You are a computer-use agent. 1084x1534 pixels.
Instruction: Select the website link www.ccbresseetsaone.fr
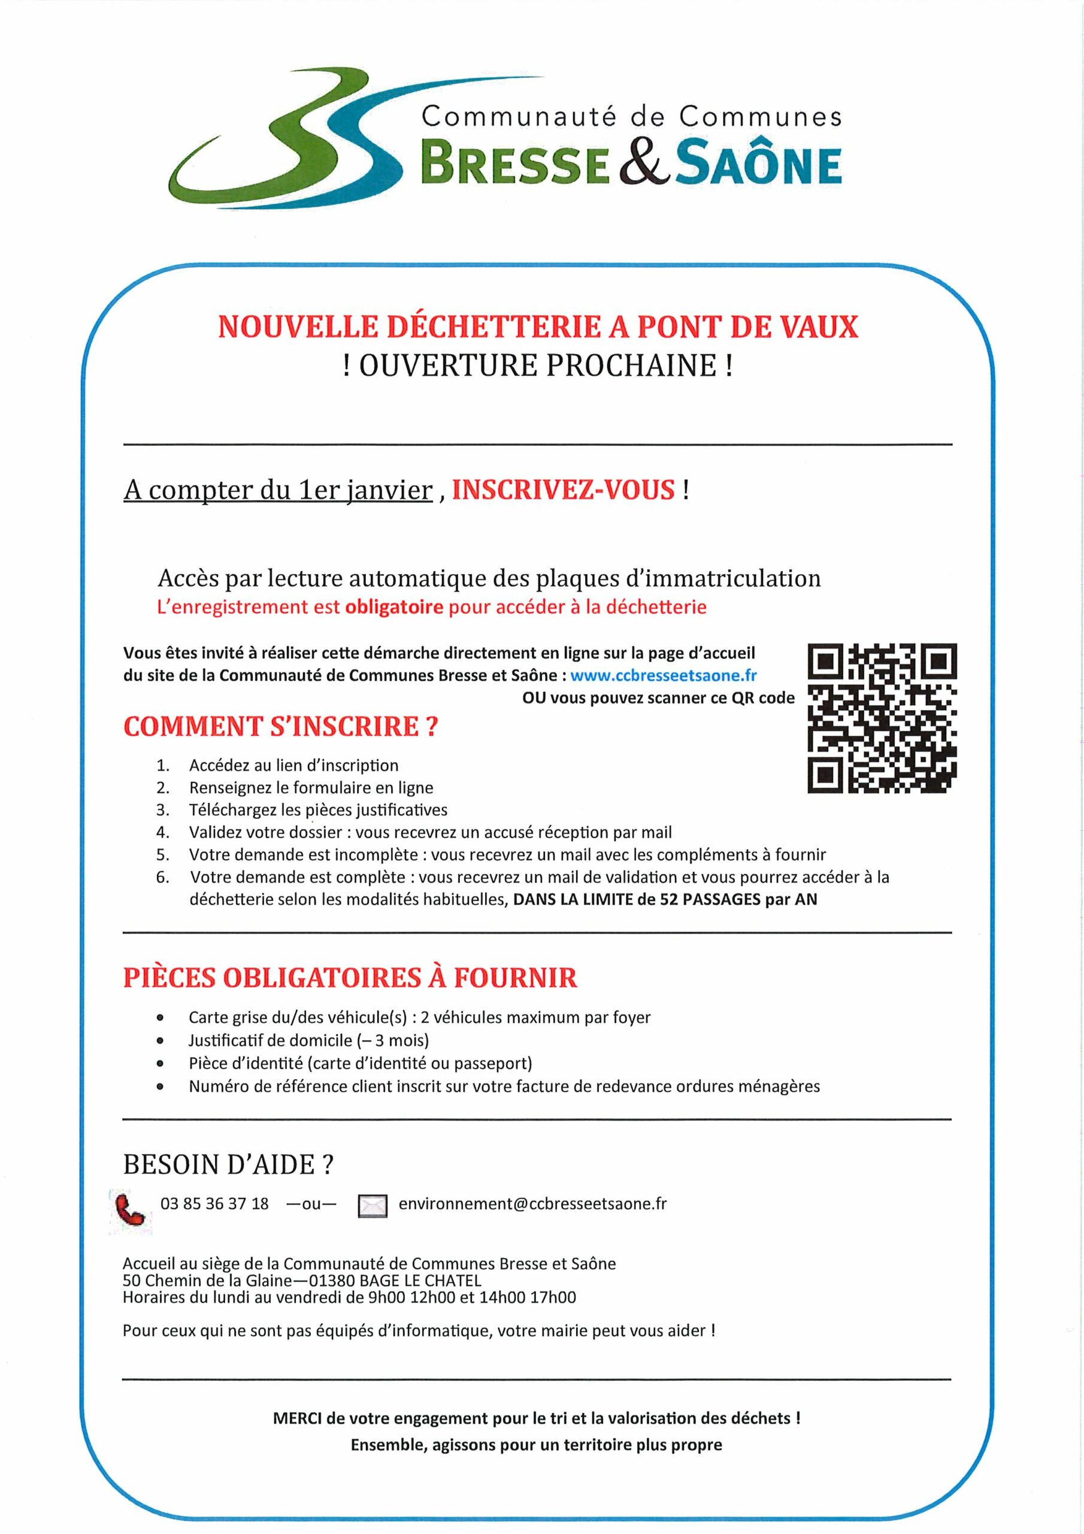(663, 675)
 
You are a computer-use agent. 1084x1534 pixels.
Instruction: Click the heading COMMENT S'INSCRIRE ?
(280, 726)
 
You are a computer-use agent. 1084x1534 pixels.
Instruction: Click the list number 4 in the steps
(162, 832)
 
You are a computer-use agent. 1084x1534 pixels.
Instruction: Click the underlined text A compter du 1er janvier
(278, 491)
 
